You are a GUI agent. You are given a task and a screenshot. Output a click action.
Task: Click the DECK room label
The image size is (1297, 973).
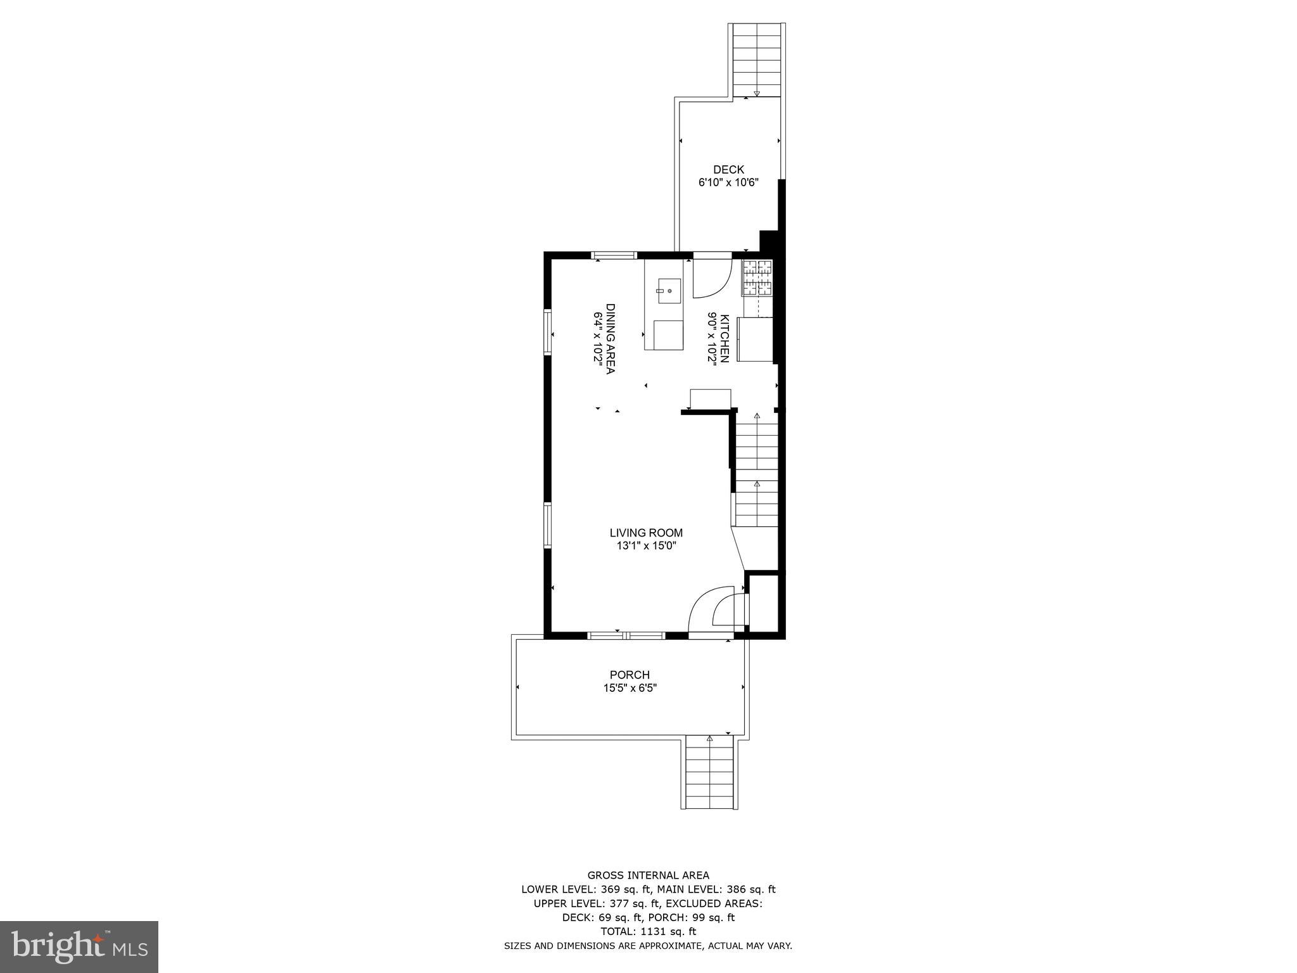click(728, 170)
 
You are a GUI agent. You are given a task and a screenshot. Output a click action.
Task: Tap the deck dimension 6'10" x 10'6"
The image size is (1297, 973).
click(728, 182)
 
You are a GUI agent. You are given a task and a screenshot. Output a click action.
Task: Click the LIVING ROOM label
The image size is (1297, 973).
click(646, 533)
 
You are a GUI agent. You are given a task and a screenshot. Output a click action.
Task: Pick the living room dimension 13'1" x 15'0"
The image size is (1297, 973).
click(646, 546)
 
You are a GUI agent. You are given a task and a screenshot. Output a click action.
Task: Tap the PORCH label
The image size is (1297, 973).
click(630, 675)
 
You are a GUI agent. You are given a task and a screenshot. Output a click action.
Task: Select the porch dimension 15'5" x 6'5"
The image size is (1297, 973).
click(630, 688)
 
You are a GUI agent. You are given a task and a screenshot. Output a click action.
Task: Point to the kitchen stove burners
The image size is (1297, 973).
click(757, 278)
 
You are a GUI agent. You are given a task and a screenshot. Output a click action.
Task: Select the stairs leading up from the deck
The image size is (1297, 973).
click(757, 60)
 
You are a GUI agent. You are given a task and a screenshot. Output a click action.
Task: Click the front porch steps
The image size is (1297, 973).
click(709, 773)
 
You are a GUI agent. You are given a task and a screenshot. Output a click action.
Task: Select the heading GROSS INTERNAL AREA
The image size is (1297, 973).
click(648, 875)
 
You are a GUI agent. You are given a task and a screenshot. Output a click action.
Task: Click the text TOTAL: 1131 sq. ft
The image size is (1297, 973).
click(648, 931)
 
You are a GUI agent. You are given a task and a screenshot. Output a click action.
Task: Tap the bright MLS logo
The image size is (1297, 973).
click(79, 947)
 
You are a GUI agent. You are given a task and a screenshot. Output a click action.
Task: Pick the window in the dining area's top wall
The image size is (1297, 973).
click(614, 255)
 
